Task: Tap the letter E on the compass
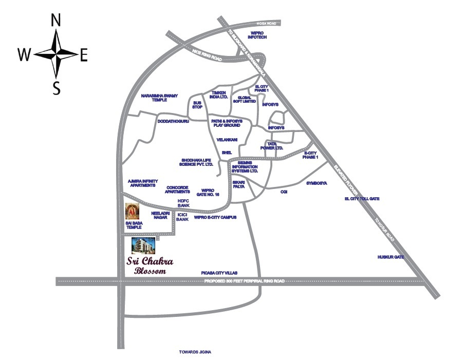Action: [x=84, y=54]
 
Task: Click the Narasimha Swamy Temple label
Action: [x=158, y=98]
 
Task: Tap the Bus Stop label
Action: [x=198, y=105]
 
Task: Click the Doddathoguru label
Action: [x=174, y=121]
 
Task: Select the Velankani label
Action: [x=226, y=139]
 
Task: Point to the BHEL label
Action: [x=227, y=153]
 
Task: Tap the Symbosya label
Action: [x=316, y=183]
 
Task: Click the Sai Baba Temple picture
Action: [x=133, y=211]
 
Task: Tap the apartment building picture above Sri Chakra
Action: [x=144, y=245]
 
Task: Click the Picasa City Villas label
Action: [x=219, y=274]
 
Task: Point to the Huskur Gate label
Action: [x=390, y=256]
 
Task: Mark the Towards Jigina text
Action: [x=195, y=352]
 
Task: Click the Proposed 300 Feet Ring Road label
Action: [x=244, y=281]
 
